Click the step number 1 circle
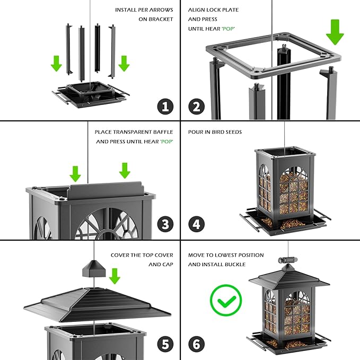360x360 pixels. (x=165, y=107)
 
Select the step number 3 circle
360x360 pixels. (x=165, y=224)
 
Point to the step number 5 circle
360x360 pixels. (x=165, y=344)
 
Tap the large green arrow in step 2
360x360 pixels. (x=335, y=31)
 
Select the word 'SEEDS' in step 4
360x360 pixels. (x=233, y=132)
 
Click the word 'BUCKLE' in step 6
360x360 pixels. (x=233, y=264)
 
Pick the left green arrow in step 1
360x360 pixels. (x=56, y=64)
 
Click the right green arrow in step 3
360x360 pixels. (x=125, y=170)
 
